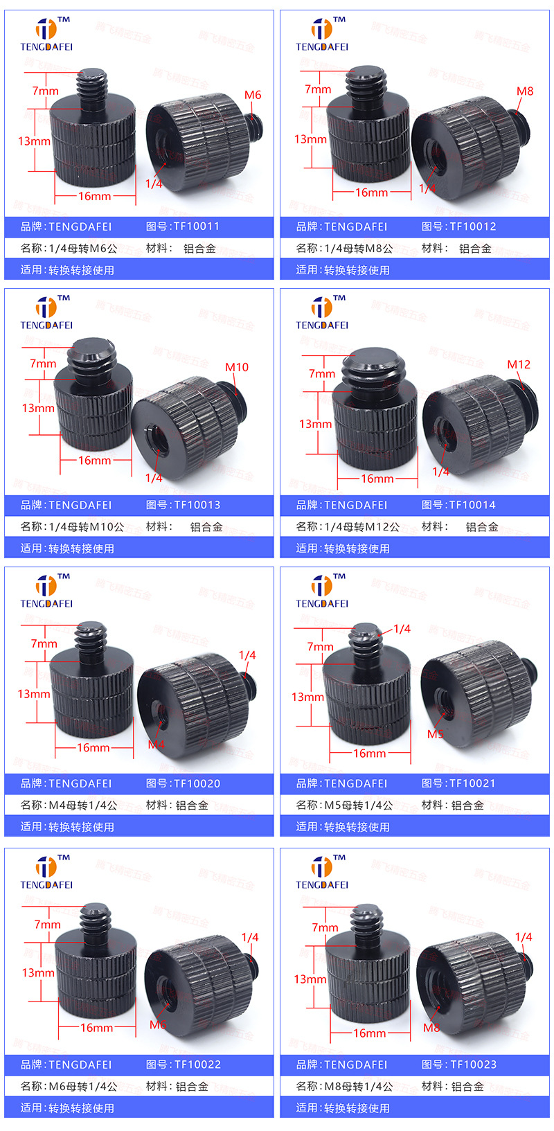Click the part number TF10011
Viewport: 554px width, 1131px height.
click(196, 226)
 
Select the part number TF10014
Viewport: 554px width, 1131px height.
click(472, 505)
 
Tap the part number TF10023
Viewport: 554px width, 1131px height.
click(473, 1065)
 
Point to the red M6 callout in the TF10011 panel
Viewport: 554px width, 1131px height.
click(253, 96)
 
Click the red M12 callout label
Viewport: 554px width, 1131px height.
click(519, 364)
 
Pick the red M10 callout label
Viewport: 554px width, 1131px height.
click(237, 367)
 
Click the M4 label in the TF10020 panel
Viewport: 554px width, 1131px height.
click(156, 745)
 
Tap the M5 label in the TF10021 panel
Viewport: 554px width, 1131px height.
click(435, 734)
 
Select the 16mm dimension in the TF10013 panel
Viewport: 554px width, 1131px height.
click(94, 461)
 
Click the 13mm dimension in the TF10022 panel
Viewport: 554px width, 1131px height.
click(38, 973)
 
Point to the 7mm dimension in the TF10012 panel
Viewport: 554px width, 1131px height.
click(318, 89)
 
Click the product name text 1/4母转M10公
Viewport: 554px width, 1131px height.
click(86, 527)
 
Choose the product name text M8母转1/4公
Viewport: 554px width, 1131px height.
click(359, 1087)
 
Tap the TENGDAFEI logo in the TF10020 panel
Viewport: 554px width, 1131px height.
click(46, 590)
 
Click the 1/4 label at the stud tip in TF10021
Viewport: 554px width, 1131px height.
click(402, 629)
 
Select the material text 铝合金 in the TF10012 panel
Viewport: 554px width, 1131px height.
click(475, 249)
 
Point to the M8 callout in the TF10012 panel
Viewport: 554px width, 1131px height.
click(525, 91)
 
